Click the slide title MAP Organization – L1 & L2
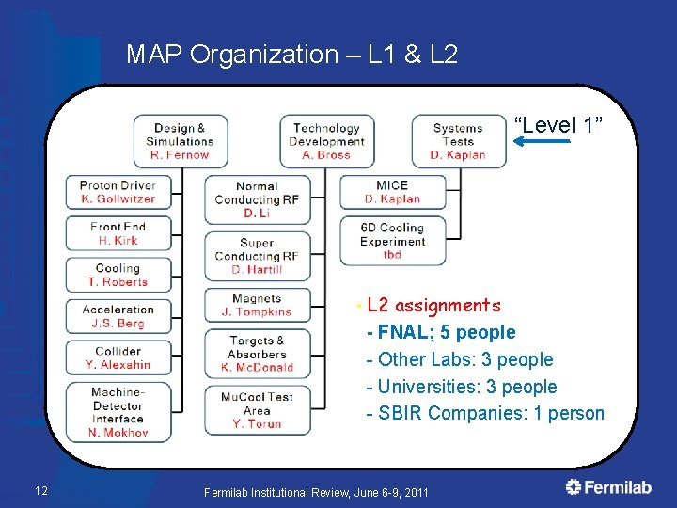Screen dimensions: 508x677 click(x=291, y=55)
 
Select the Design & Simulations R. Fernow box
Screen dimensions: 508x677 click(x=180, y=141)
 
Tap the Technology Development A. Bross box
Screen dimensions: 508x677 click(x=326, y=141)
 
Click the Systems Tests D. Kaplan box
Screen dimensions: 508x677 click(x=458, y=141)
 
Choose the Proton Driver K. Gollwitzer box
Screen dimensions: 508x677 click(x=118, y=192)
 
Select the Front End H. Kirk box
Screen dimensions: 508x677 click(x=118, y=233)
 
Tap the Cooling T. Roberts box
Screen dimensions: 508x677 click(x=118, y=275)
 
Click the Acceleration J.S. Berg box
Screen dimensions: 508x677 click(x=118, y=316)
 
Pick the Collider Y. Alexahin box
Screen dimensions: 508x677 click(x=118, y=357)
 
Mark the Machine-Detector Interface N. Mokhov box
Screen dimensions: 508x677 click(x=118, y=412)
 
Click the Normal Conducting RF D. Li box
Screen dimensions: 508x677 click(x=257, y=199)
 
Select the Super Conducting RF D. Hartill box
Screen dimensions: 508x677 click(x=257, y=256)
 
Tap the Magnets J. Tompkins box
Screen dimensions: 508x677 click(x=257, y=305)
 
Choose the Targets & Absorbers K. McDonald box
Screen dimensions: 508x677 click(x=257, y=354)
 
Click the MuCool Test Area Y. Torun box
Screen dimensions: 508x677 click(x=257, y=410)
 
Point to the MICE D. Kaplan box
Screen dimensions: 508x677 click(x=392, y=192)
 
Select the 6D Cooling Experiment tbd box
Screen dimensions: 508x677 click(x=392, y=241)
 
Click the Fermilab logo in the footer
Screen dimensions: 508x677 click(x=608, y=487)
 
